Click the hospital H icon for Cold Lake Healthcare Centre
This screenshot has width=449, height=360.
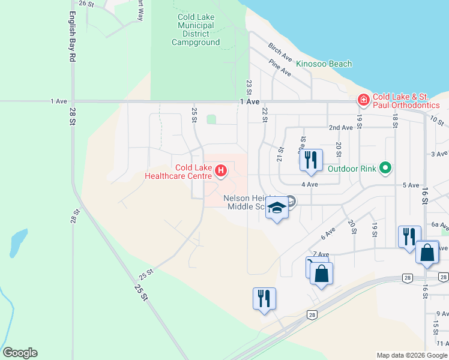click(x=221, y=171)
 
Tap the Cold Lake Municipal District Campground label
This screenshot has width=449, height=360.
click(x=195, y=29)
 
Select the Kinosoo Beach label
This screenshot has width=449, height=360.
click(x=324, y=64)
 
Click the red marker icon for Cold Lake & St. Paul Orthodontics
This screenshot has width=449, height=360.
click(x=363, y=99)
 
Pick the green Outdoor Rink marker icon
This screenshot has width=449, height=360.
click(x=385, y=168)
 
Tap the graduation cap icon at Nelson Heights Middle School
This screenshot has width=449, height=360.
click(x=277, y=208)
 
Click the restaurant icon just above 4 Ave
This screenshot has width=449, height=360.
click(x=310, y=160)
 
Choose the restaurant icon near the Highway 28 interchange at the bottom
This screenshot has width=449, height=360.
click(x=264, y=298)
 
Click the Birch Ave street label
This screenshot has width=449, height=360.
click(x=280, y=53)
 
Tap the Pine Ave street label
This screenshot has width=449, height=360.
click(x=280, y=68)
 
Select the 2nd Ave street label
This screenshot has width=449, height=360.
click(x=340, y=128)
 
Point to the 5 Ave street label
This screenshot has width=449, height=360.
click(x=411, y=185)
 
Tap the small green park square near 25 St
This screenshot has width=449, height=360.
click(x=211, y=119)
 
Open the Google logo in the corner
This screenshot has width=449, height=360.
click(x=20, y=353)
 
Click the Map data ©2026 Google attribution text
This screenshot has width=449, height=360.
click(x=411, y=355)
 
